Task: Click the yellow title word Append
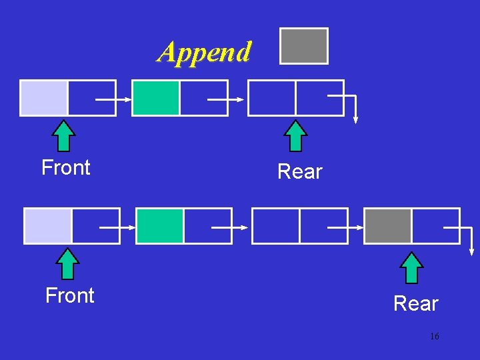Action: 205,51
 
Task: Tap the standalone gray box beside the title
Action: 304,46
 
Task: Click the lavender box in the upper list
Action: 44,97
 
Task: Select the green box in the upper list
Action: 156,97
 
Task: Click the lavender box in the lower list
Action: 48,225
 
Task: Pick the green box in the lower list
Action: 160,225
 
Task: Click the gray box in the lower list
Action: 388,225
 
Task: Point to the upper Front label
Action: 65,167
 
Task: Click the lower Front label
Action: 69,295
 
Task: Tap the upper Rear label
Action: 299,172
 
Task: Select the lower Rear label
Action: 415,304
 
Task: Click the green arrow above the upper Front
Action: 64,136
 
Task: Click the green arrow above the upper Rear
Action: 295,136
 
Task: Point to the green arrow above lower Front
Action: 68,264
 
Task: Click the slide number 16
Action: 434,337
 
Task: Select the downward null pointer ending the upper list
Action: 355,110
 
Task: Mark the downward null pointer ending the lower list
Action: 471,240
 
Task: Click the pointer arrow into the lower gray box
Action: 347,227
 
